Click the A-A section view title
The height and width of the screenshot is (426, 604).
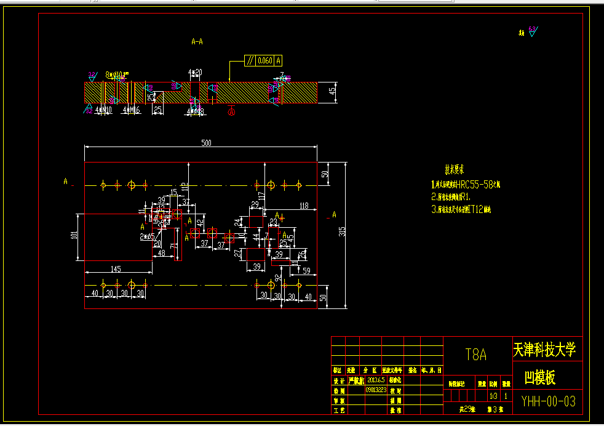(197, 42)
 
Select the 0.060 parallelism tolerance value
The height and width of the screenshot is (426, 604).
(264, 60)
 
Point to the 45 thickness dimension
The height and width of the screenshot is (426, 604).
(333, 90)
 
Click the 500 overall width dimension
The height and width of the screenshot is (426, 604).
(207, 143)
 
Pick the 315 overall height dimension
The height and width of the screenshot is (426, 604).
(343, 231)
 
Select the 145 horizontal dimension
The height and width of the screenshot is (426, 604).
(116, 268)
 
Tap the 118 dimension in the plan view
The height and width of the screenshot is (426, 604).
(303, 206)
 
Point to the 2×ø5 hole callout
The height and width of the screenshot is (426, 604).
(147, 236)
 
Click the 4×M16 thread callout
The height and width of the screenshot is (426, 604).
(131, 110)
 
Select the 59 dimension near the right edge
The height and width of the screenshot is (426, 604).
(306, 270)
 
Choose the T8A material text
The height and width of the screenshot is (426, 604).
(476, 355)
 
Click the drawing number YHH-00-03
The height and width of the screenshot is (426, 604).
(549, 401)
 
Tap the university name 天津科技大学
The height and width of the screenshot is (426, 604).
(544, 350)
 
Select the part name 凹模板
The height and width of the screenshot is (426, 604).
(539, 377)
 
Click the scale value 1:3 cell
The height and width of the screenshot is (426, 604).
(493, 396)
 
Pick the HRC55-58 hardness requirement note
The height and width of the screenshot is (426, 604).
(466, 184)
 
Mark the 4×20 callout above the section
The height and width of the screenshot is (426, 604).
(195, 72)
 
